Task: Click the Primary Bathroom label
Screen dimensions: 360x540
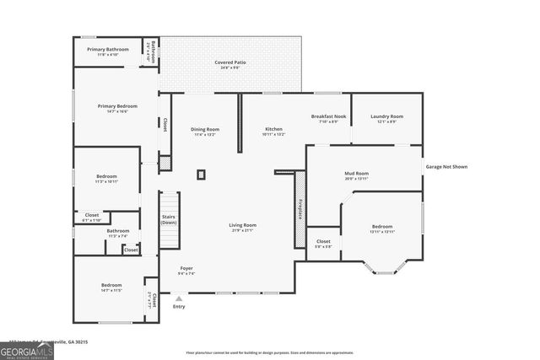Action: pos(107,50)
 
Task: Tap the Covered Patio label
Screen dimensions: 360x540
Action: pos(230,62)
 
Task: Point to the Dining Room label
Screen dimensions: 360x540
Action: pos(205,129)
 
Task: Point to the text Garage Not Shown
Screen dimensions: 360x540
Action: pos(446,167)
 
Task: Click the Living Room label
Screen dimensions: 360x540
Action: pos(243,225)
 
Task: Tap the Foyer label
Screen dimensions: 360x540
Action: pos(186,268)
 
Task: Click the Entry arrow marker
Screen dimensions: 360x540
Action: pos(178,298)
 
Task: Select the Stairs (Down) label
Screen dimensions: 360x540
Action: pos(169,219)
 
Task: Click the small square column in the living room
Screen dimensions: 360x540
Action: pos(201,175)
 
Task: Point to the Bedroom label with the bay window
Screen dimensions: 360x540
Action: pos(382,226)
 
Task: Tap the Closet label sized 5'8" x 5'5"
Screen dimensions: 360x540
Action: pos(323,242)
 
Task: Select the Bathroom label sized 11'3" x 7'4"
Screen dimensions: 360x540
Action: pos(118,231)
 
